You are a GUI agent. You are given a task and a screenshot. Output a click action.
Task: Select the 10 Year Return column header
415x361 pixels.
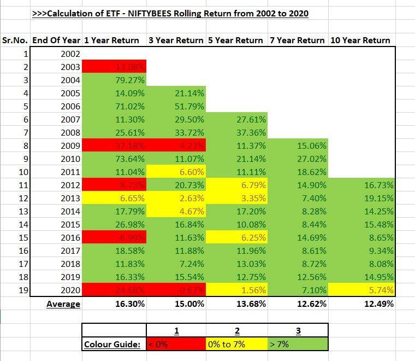tap(360, 40)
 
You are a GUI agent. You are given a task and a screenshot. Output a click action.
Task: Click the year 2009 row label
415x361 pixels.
tap(70, 145)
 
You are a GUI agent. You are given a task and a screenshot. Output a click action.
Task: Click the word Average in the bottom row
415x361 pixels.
tap(63, 304)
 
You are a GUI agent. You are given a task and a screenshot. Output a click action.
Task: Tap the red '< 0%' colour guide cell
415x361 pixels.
tap(176, 345)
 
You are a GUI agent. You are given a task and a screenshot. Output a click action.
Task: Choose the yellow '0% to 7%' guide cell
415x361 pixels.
tap(236, 345)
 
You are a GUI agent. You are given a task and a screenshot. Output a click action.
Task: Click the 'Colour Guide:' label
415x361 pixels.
tap(112, 345)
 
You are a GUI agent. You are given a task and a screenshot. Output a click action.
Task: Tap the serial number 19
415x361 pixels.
tap(22, 290)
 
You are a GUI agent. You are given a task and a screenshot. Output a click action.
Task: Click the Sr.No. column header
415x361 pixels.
tap(15, 40)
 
